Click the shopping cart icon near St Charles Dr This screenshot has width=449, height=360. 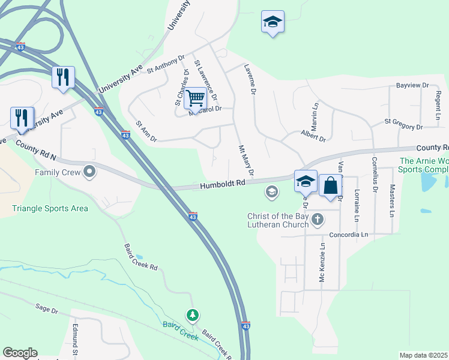195,97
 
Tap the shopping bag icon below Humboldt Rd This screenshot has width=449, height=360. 330,185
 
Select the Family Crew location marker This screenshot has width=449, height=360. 90,173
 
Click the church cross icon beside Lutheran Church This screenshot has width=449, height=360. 317,220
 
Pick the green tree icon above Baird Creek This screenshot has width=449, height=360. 192,315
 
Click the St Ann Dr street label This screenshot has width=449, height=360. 146,131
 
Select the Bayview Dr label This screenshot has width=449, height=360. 412,86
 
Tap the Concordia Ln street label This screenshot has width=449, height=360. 348,235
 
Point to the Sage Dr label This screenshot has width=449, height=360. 46,310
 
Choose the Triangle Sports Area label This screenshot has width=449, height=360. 50,209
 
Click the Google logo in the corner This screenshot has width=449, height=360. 20,353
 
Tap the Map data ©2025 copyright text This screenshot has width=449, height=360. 423,355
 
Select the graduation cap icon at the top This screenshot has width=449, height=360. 273,23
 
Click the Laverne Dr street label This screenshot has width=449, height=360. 250,80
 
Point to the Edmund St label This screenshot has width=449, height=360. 76,338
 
